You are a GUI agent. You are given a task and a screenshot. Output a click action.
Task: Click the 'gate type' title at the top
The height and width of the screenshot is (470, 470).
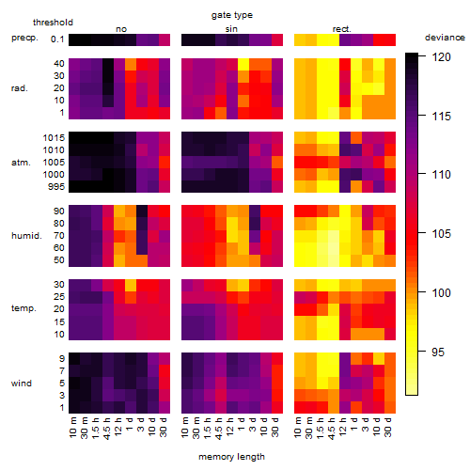232,15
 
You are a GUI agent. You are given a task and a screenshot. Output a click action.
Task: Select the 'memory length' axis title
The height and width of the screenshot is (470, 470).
231,457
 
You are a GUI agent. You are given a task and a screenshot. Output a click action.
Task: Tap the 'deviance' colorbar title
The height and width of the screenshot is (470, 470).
445,38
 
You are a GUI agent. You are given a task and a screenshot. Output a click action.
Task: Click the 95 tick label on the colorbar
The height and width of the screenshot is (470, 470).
438,352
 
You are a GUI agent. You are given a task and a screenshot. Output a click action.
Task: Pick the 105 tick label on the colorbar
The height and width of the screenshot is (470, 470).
441,234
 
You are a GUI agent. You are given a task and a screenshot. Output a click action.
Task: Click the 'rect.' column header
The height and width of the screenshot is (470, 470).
341,29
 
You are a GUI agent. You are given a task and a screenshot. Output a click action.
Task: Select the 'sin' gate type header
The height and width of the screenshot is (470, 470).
231,29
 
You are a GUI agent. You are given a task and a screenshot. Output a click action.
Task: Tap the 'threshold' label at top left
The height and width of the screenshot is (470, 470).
53,23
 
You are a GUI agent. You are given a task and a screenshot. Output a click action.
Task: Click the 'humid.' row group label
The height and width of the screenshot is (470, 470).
26,236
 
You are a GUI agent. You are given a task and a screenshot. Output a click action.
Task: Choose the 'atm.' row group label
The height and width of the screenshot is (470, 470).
21,163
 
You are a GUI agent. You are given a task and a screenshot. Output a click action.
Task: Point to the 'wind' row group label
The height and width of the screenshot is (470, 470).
22,384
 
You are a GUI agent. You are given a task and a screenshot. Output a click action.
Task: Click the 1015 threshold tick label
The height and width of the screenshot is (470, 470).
54,138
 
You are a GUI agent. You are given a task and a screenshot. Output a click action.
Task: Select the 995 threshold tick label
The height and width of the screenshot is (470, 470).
56,187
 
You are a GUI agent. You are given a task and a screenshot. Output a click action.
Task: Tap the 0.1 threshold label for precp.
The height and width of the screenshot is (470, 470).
57,39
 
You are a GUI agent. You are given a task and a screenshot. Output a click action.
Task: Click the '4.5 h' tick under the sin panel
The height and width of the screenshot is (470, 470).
219,428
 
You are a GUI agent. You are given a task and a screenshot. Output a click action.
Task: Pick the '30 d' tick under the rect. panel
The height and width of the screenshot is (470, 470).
388,428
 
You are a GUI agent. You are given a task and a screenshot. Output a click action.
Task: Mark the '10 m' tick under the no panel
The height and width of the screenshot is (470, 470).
72,428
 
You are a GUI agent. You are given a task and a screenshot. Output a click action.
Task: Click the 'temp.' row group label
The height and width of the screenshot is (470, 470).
23,308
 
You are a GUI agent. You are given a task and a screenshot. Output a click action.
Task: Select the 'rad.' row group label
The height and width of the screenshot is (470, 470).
20,88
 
